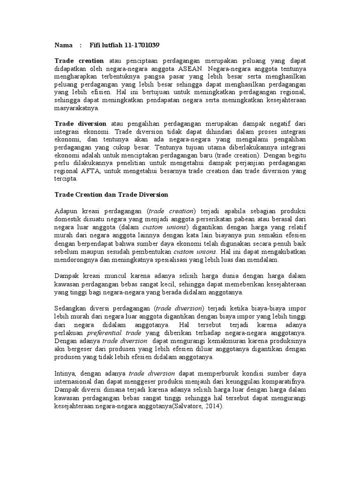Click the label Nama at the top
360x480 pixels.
coord(63,45)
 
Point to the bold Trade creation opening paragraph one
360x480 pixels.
coord(79,61)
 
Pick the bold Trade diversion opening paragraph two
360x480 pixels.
coord(80,123)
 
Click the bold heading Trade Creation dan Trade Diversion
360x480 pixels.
coord(111,194)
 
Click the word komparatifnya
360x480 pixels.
coord(284,381)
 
